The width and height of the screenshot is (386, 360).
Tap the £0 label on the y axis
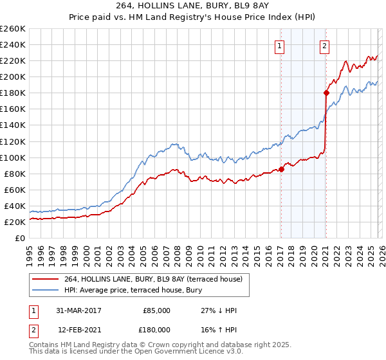[19, 238]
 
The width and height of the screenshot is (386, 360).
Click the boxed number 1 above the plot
[280, 46]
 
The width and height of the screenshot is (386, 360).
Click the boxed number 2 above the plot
[325, 46]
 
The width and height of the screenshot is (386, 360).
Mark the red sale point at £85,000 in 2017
[282, 170]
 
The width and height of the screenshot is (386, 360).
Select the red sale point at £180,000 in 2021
[326, 93]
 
